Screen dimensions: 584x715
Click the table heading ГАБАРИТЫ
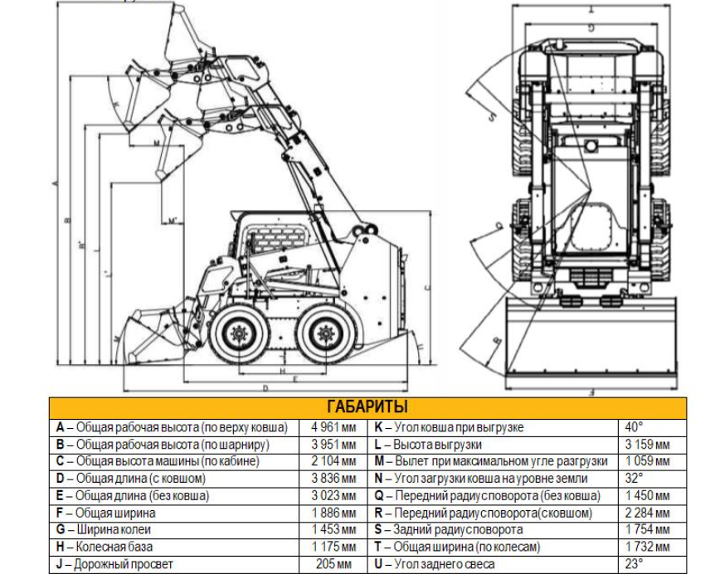pyautogui.click(x=367, y=408)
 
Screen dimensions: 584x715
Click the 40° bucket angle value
pyautogui.click(x=635, y=428)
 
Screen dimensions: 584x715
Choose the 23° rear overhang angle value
pyautogui.click(x=635, y=564)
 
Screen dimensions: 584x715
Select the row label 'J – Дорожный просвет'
pyautogui.click(x=115, y=564)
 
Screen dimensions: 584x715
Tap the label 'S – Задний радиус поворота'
pyautogui.click(x=449, y=530)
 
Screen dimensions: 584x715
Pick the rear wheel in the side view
pyautogui.click(x=324, y=335)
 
